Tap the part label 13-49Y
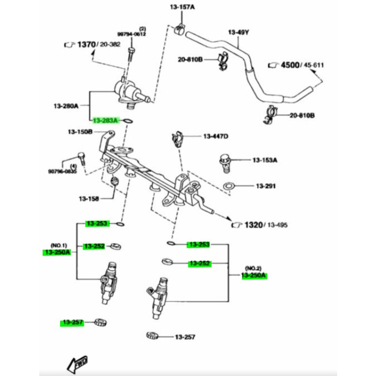(x=238, y=33)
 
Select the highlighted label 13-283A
(x=105, y=120)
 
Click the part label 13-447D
(x=215, y=136)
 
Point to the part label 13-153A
(x=264, y=160)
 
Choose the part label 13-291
(x=265, y=186)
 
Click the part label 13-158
(x=89, y=198)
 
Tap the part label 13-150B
(x=80, y=131)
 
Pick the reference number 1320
(x=253, y=225)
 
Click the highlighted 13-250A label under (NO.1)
(x=57, y=252)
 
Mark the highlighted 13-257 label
(x=72, y=322)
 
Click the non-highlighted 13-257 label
(x=185, y=337)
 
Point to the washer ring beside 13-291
(x=228, y=185)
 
